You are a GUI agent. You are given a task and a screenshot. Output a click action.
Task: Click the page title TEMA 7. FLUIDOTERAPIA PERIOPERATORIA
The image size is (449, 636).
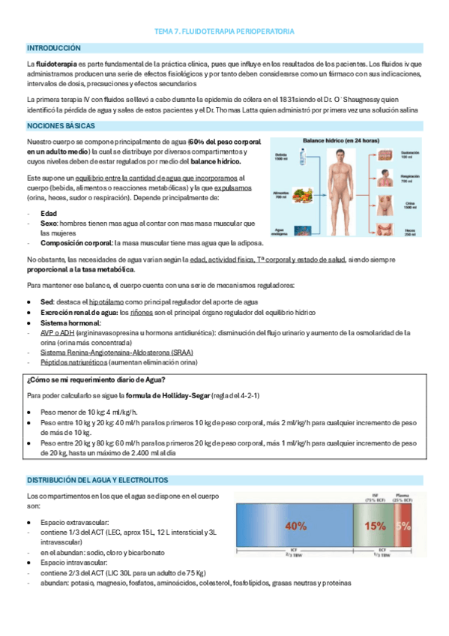point(224,31)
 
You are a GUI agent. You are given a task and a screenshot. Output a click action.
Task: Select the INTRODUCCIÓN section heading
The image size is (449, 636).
point(53,47)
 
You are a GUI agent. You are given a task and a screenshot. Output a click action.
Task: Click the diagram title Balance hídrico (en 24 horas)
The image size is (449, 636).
point(341,140)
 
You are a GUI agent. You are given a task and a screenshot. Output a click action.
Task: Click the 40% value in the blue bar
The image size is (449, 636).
point(295,526)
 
